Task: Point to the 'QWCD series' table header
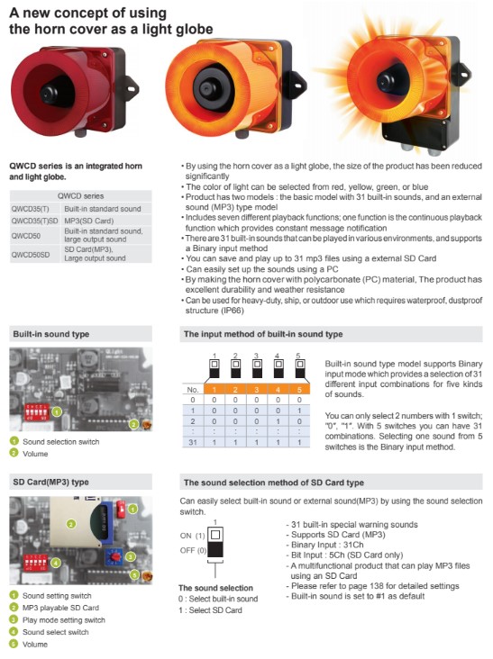[80, 194]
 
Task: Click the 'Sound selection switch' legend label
[61, 441]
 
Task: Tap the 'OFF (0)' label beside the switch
[193, 549]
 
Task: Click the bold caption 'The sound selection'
[217, 588]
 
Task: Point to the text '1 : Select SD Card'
[211, 609]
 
